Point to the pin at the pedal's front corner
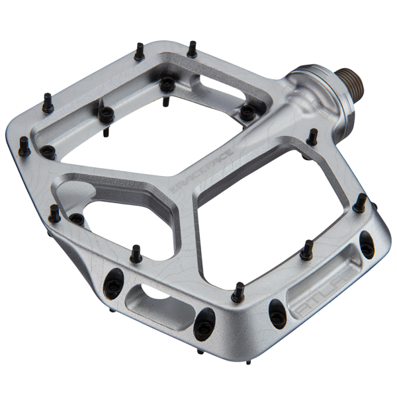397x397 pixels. coord(239,291)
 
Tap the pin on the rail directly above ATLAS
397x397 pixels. coord(306,250)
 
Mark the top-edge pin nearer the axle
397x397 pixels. coord(191,48)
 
